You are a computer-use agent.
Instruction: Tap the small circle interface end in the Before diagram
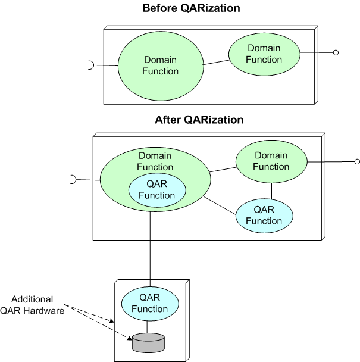[x=336, y=54]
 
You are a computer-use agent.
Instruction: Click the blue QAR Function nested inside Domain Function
[x=157, y=190]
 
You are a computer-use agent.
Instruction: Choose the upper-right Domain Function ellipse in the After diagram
[x=271, y=161]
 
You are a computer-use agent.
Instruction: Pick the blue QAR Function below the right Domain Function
[x=265, y=216]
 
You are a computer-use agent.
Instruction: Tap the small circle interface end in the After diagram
[x=357, y=161]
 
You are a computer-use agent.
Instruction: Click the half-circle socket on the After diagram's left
[x=73, y=179]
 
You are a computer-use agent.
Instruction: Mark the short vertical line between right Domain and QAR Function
[x=271, y=191]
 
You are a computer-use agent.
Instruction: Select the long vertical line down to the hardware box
[x=150, y=250]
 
